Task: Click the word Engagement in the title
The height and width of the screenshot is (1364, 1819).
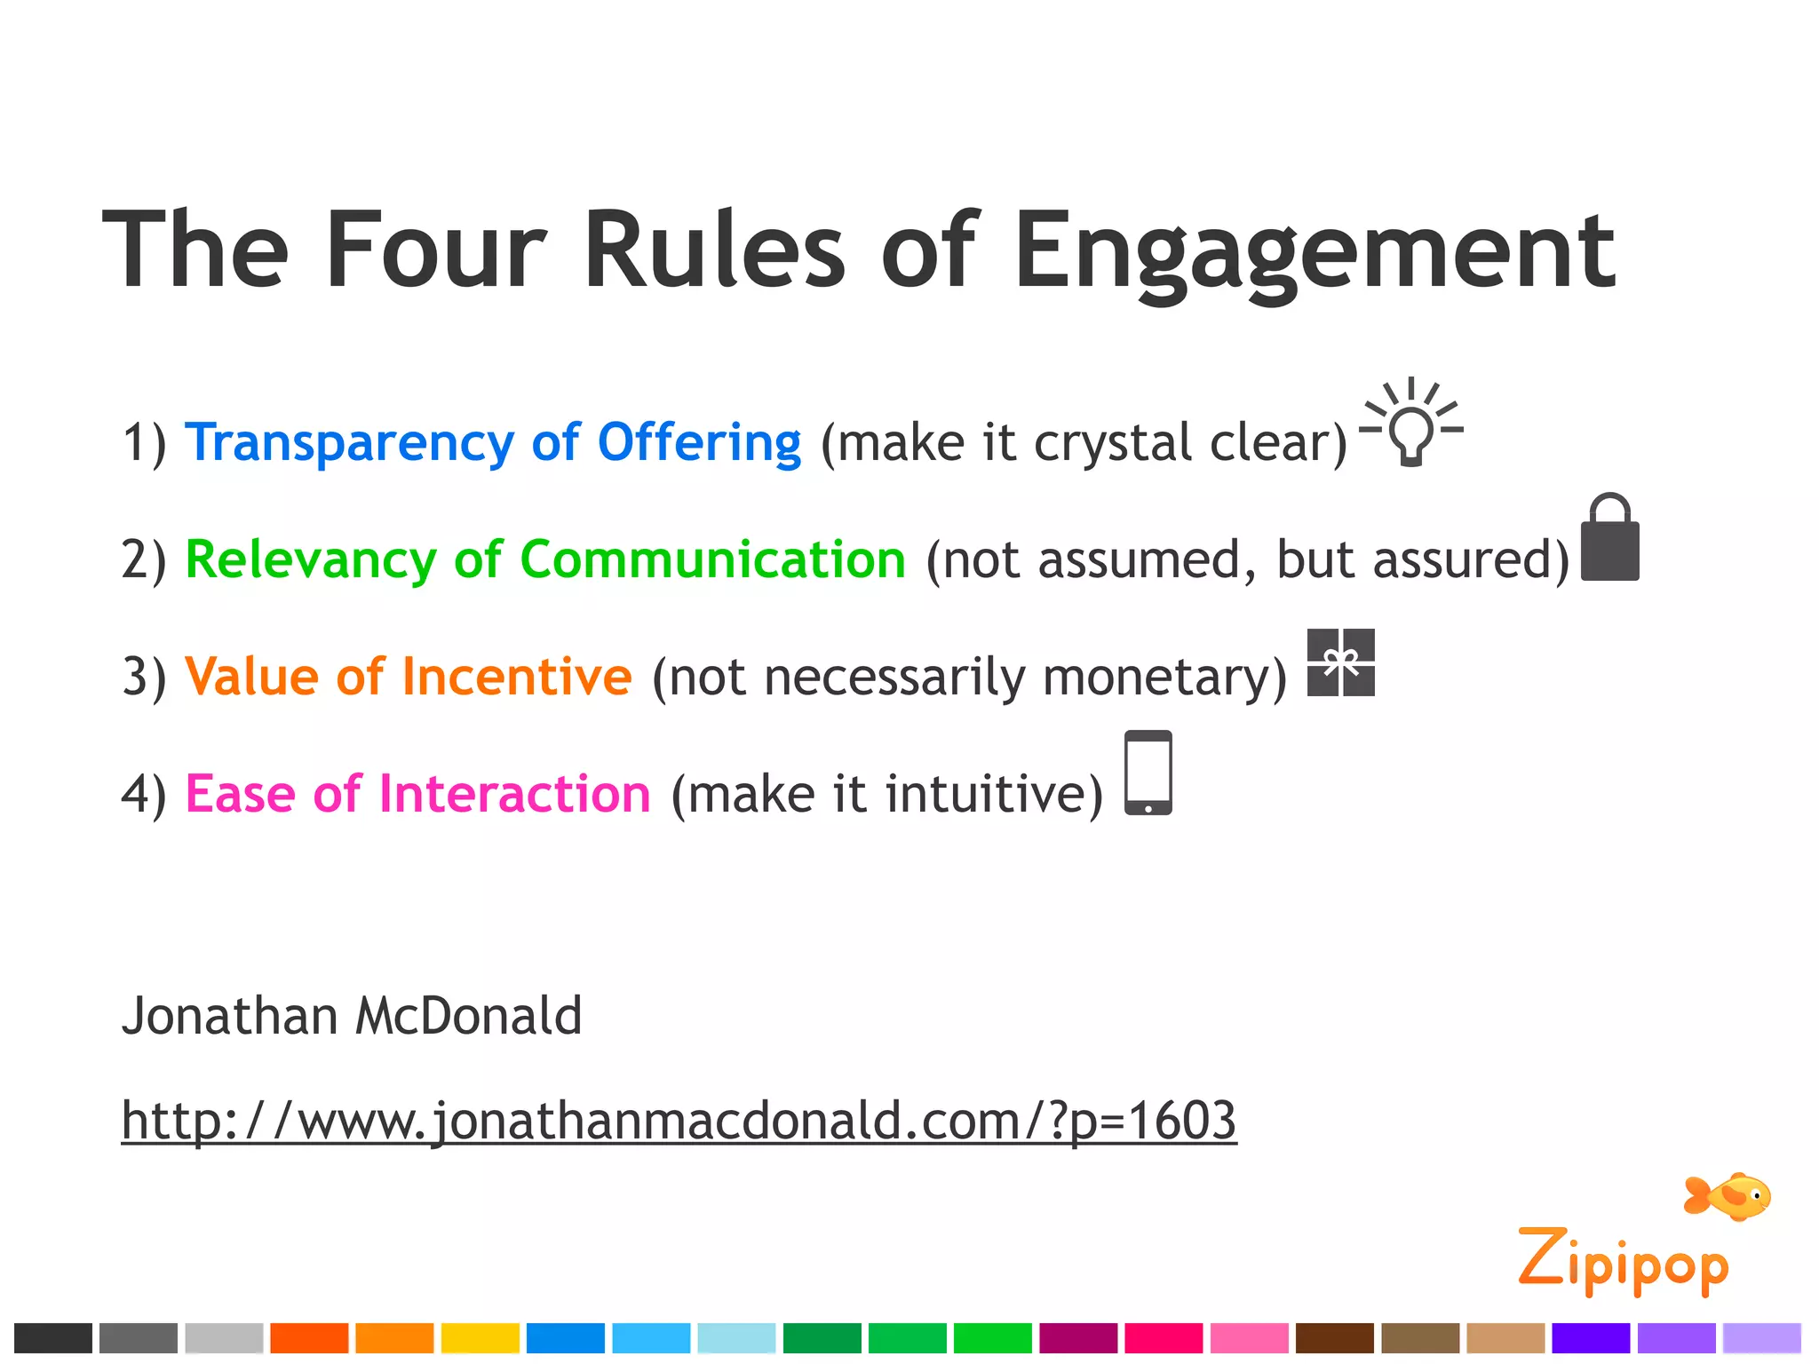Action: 1315,253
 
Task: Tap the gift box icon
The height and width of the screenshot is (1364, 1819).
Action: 1341,662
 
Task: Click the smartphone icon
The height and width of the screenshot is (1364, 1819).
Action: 1148,773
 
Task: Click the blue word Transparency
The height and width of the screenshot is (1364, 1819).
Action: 349,442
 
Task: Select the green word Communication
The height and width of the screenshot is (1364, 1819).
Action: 712,559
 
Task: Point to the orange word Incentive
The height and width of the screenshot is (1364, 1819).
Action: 517,677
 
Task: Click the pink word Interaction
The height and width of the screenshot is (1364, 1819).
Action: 515,794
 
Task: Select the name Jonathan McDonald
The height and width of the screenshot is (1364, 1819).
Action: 352,1016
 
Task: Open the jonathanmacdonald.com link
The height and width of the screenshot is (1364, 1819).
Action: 679,1121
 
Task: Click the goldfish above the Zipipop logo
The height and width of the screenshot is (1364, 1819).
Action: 1728,1196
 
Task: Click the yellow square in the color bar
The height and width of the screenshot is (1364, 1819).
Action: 480,1338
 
